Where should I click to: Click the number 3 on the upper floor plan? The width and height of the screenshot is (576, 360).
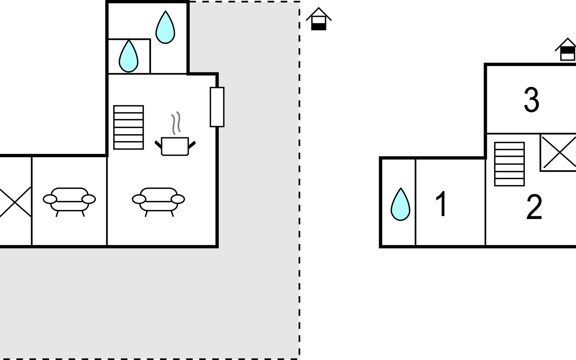point(531,100)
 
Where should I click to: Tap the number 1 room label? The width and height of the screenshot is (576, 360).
point(442,204)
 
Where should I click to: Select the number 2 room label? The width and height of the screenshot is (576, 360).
point(534,207)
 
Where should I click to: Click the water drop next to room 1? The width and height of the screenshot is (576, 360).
point(400,205)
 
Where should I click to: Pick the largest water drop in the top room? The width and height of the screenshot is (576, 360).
point(165,28)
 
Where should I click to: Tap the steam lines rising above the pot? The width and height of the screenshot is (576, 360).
point(176,123)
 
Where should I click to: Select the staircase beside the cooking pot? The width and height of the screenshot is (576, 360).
point(128,127)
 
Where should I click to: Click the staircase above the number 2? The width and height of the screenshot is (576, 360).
point(509,164)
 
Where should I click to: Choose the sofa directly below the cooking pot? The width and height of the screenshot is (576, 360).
point(158,200)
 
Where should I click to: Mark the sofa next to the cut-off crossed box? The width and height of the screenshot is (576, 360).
point(69,200)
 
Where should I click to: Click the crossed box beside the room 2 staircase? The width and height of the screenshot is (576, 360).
point(558,153)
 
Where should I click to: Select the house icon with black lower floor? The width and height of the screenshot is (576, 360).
point(319,19)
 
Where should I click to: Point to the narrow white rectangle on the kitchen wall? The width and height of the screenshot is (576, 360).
point(217,107)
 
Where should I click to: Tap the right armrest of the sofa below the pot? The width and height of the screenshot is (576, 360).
point(178,199)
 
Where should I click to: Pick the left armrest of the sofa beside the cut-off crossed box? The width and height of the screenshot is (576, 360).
point(50,199)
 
